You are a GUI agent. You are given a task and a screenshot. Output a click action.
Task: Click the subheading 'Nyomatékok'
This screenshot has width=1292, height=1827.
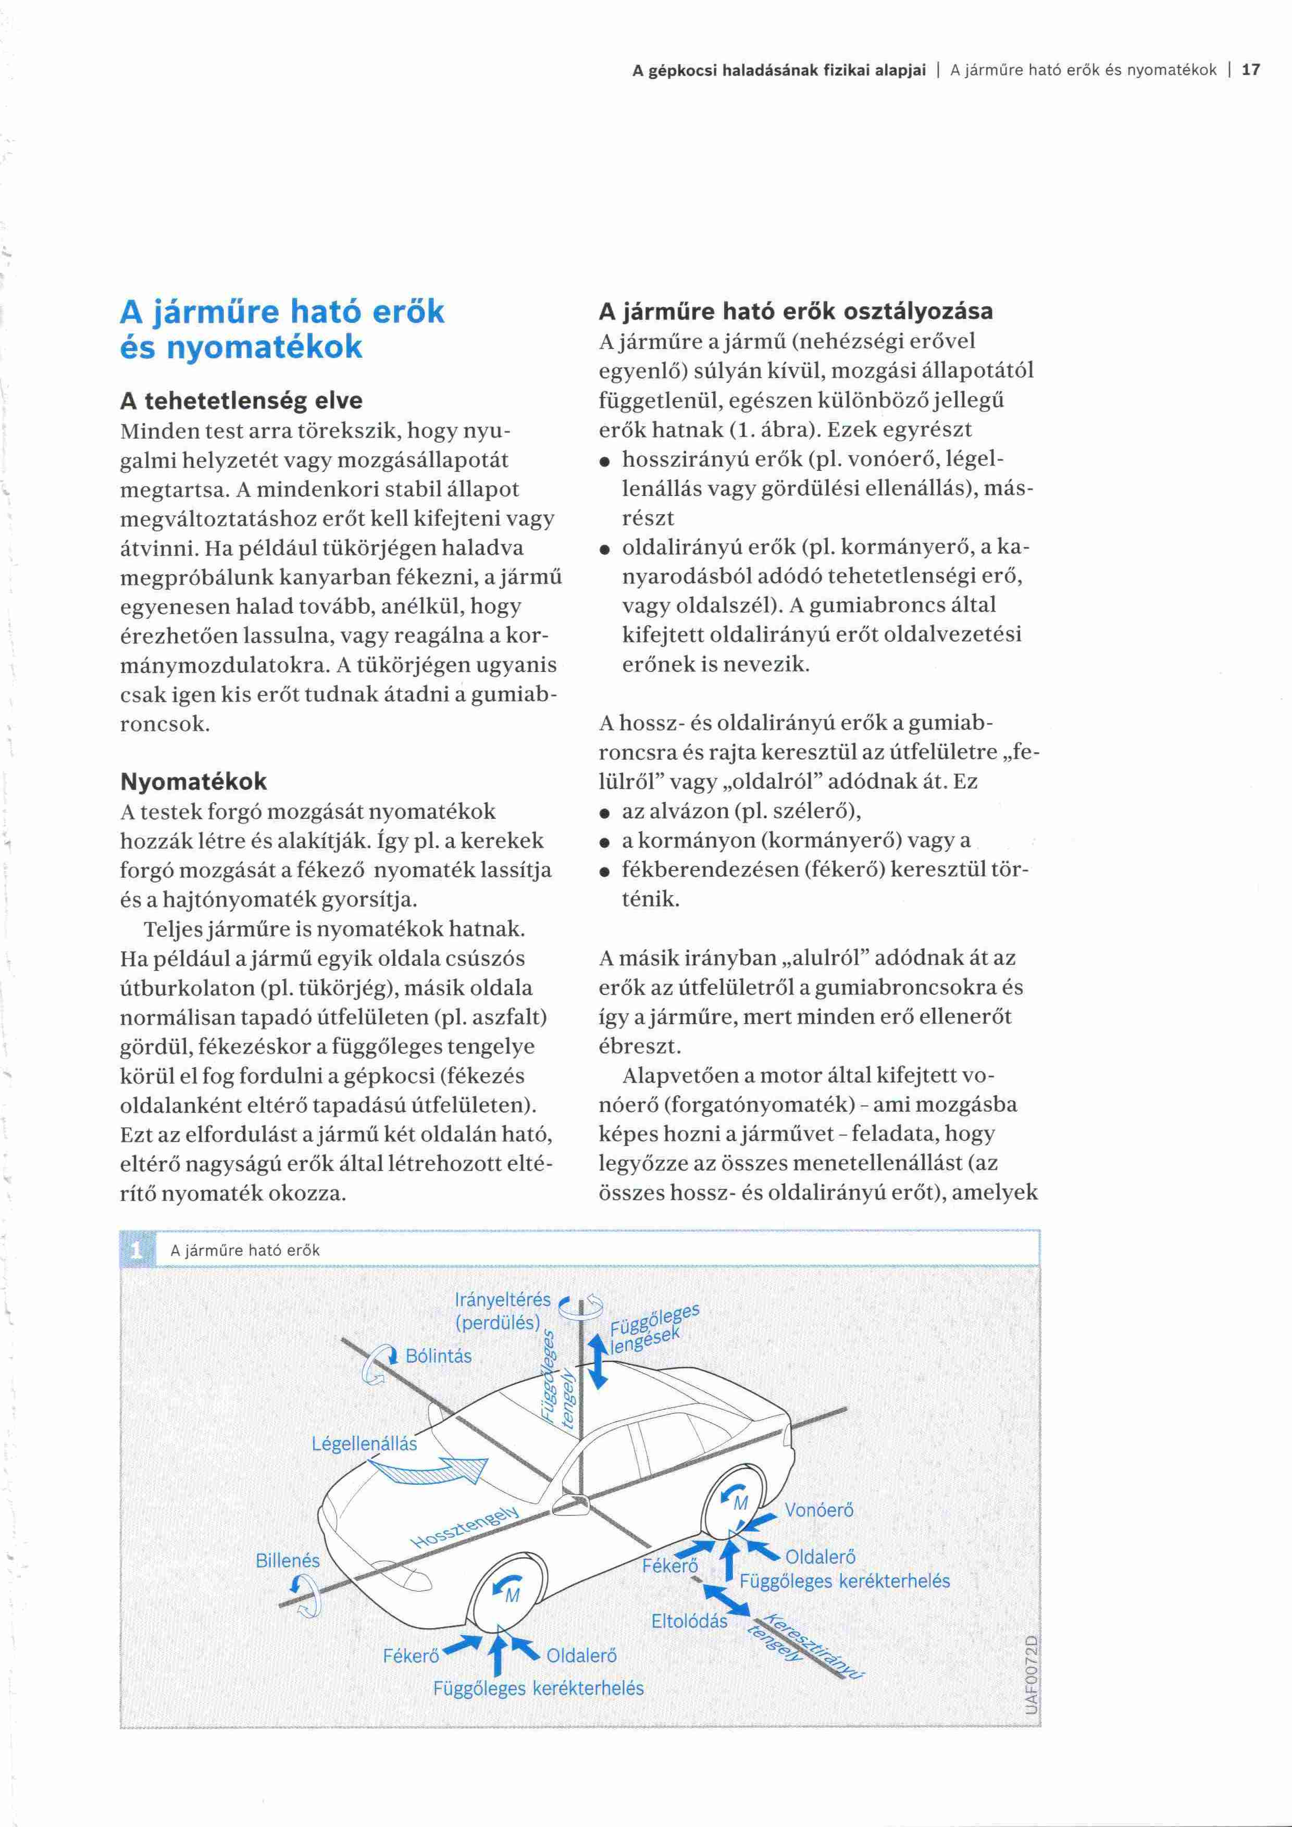point(193,781)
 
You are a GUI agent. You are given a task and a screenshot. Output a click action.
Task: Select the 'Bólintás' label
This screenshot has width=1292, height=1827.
point(438,1356)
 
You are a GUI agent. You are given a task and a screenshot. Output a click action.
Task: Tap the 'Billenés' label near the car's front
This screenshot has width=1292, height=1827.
point(287,1561)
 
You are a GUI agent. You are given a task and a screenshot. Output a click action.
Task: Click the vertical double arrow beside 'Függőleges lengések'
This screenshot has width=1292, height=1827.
point(598,1362)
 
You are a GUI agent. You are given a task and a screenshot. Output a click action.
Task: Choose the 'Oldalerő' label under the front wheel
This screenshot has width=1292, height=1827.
point(581,1656)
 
